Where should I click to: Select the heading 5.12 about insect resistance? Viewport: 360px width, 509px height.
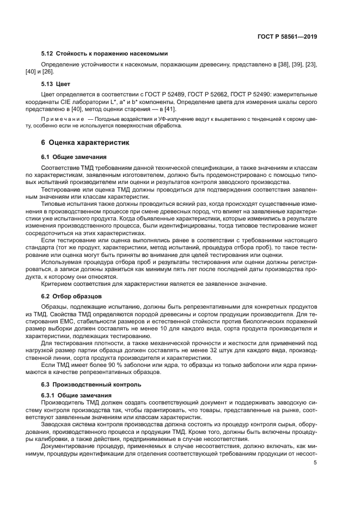pyautogui.click(x=104, y=53)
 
